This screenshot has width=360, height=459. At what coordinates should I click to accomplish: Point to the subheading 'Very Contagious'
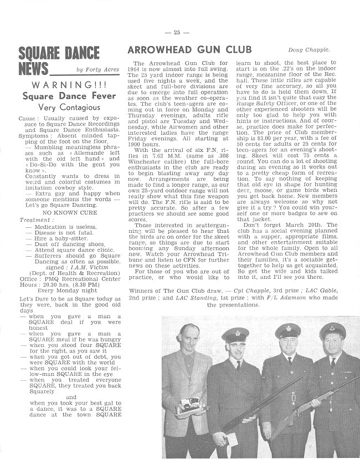point(60,108)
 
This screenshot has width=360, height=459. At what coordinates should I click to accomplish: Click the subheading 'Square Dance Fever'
point(61,96)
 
